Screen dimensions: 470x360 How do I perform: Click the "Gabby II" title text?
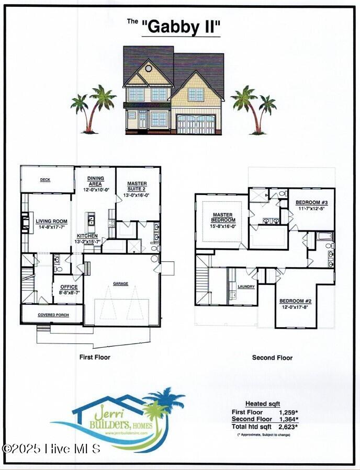(x=181, y=27)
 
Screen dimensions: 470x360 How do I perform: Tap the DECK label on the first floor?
(x=45, y=180)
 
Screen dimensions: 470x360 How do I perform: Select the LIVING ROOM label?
(x=52, y=222)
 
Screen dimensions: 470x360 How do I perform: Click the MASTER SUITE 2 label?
(x=137, y=187)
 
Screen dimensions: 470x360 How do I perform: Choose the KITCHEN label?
(x=87, y=236)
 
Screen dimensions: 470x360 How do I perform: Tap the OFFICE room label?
(x=69, y=287)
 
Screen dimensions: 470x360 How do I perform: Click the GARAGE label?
(x=121, y=284)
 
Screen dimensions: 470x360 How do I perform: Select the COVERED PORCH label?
(x=52, y=315)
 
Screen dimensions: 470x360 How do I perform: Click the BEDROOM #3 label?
(x=311, y=203)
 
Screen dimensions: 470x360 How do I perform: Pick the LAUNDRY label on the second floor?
(x=246, y=286)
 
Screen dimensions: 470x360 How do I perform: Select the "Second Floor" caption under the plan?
(x=272, y=358)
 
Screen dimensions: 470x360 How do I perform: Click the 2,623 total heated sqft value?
(x=288, y=427)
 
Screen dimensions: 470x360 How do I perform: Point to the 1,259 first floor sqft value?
(x=288, y=412)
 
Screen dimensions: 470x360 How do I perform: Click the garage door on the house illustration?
(x=196, y=124)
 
